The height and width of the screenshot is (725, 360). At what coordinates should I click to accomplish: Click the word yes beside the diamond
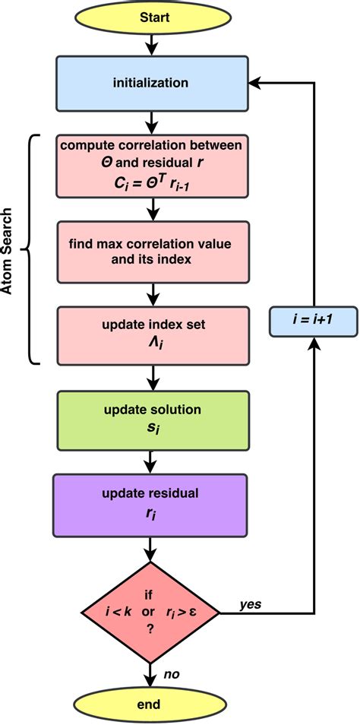tap(251, 605)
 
